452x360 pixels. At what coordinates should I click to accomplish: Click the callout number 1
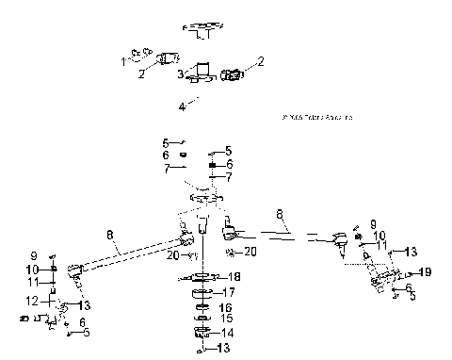click(122, 61)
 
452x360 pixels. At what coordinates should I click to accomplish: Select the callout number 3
click(180, 73)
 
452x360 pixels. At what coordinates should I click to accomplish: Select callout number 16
click(226, 308)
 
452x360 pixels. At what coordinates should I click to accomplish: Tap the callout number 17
click(227, 293)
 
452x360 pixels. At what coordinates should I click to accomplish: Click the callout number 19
click(425, 271)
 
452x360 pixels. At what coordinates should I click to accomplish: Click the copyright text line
click(315, 118)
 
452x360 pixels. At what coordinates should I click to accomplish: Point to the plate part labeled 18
click(201, 277)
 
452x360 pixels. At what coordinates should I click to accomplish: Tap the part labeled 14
click(201, 333)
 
